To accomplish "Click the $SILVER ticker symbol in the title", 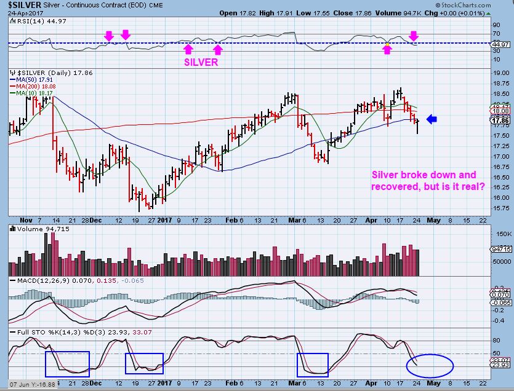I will coord(22,5).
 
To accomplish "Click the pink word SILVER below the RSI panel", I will coord(201,62).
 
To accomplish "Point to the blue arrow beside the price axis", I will coord(432,120).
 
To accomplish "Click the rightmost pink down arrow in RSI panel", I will coord(414,36).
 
